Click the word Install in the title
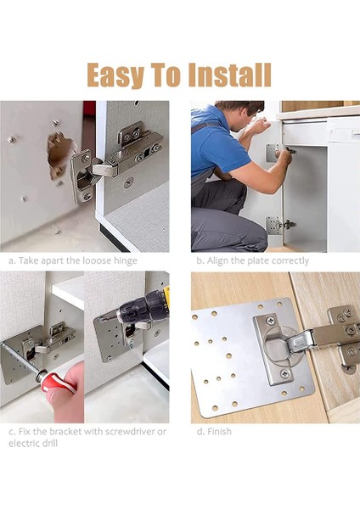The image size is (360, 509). pyautogui.click(x=230, y=75)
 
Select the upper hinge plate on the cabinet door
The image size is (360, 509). pyautogui.click(x=273, y=153)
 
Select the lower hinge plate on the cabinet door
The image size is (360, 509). pyautogui.click(x=273, y=225)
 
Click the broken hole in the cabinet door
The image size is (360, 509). pyautogui.click(x=59, y=154)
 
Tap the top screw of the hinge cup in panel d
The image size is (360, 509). pyautogui.click(x=270, y=321)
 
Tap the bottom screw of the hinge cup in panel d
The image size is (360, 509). pyautogui.click(x=284, y=374)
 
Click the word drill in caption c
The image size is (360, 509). pyautogui.click(x=50, y=444)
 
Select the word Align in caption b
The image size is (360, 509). pyautogui.click(x=217, y=260)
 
